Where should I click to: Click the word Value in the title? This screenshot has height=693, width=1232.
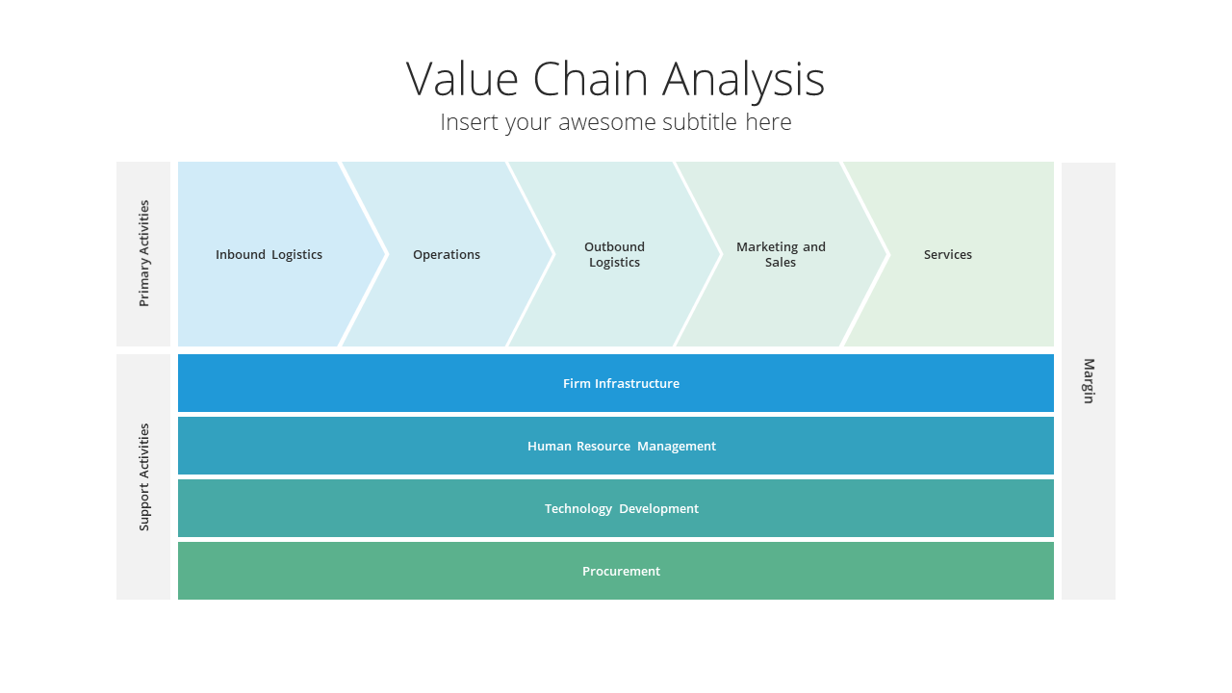[462, 79]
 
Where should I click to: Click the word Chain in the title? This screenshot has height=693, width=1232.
[590, 79]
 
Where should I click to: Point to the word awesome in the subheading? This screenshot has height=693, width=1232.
[606, 122]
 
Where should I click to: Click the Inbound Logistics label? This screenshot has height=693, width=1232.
[269, 255]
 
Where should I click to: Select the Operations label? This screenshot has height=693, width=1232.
[447, 255]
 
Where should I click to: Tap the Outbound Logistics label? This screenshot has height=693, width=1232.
[614, 255]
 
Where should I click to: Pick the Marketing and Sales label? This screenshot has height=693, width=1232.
[781, 255]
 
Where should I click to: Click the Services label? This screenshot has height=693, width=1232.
[948, 255]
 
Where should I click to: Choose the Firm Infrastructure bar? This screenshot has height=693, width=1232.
[616, 383]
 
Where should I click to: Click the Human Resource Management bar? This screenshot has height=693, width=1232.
[616, 446]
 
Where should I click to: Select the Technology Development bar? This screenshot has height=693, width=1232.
[616, 508]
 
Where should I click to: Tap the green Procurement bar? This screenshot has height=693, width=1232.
[616, 571]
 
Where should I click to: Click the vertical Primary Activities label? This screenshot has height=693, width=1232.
[144, 253]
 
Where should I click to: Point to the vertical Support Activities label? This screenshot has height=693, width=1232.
[144, 477]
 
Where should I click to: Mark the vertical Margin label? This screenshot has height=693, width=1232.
[1089, 381]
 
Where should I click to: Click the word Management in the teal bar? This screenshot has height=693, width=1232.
[677, 446]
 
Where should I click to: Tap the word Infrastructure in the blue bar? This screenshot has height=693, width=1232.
[637, 383]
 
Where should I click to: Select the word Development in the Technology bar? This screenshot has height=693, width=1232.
[659, 509]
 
